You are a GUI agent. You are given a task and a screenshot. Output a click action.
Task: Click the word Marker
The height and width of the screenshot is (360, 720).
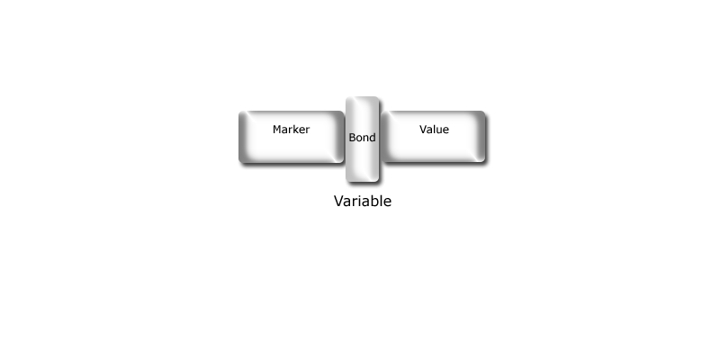coord(291,130)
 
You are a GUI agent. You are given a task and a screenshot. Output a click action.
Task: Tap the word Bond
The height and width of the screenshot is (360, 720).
coord(363,138)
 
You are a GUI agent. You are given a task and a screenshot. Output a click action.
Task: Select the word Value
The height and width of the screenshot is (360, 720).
coord(434,130)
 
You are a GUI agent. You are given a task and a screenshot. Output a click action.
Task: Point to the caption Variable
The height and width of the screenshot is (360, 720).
coord(363,201)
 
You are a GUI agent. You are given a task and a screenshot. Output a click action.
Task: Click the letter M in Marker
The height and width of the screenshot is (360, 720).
coord(277,130)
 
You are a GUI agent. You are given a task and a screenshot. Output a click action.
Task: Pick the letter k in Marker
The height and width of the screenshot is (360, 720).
coord(296,130)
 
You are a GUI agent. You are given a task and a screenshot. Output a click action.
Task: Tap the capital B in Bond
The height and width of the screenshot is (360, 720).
coord(352,138)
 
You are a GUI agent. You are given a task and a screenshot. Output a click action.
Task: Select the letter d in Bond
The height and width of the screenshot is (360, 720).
coord(373,138)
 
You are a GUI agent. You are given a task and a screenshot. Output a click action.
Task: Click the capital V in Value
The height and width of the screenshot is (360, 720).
coord(423,130)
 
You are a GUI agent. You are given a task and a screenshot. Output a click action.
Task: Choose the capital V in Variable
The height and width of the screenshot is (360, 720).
coord(339,201)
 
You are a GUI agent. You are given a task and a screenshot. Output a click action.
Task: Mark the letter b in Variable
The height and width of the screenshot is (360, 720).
coord(375,201)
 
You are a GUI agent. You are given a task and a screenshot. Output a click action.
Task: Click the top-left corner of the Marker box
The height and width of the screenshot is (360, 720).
coord(238,111)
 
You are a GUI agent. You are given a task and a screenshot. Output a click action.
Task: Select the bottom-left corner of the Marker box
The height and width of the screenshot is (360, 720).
coord(238,163)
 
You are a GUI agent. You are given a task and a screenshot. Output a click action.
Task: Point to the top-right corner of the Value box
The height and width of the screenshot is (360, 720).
coord(485,111)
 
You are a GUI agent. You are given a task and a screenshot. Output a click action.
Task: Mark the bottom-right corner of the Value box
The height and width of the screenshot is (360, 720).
coord(485,163)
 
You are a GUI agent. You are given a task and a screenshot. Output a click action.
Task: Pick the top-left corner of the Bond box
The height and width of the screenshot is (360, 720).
coord(346,96)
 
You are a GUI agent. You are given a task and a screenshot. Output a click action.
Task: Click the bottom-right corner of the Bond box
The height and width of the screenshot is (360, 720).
coord(379,183)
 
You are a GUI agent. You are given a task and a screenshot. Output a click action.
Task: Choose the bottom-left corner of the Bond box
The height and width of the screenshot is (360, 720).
coord(346,183)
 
